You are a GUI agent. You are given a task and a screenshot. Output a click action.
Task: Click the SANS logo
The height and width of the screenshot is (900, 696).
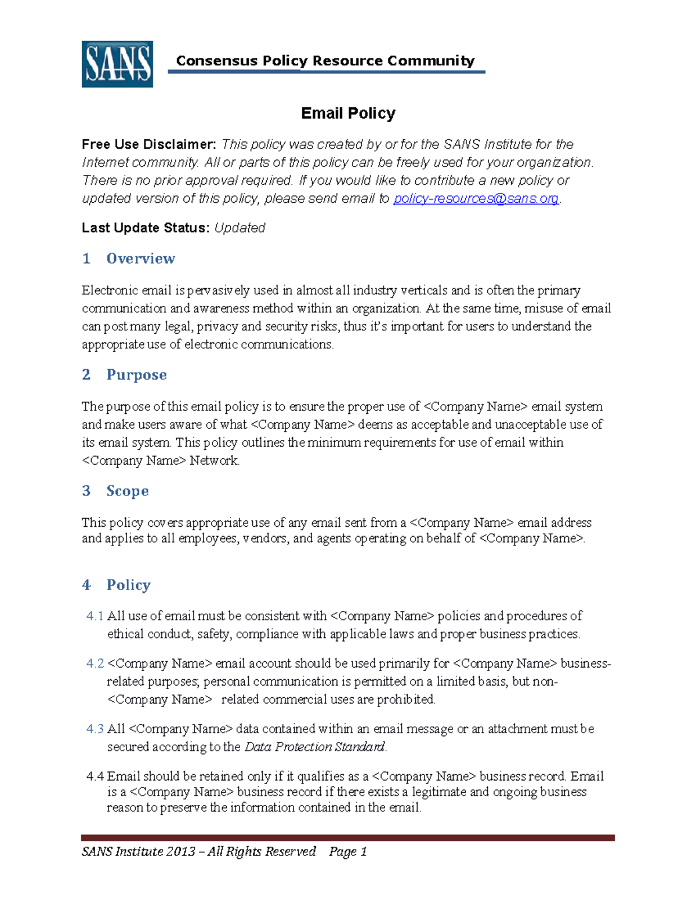point(117,64)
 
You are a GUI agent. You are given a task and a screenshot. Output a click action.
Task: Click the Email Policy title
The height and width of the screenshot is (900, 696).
point(348,114)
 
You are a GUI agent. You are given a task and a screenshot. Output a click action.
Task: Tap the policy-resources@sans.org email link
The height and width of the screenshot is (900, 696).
point(476,199)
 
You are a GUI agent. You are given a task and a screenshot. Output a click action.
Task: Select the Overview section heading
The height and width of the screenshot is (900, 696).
point(140,258)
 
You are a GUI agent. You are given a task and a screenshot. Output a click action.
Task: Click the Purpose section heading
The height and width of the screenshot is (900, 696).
point(136,375)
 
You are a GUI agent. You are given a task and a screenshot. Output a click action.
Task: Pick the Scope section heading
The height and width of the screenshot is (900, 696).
point(128,491)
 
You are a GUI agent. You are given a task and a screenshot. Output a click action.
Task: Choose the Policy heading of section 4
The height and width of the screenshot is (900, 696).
point(128,585)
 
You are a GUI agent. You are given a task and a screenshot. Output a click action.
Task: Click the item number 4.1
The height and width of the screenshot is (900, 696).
point(95,616)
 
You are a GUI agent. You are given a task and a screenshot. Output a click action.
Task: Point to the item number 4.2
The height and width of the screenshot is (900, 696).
point(95,664)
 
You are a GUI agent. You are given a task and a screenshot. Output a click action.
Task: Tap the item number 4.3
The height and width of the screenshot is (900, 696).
point(95,729)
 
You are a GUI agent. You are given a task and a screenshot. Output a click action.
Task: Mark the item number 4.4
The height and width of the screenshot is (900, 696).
point(95,777)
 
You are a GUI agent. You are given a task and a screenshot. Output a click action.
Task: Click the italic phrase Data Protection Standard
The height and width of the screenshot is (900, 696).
point(315,747)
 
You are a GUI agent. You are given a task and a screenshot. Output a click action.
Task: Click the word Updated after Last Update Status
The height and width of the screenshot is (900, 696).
point(240,228)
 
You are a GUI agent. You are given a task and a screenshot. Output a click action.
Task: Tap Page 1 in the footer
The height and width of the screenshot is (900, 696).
point(348,851)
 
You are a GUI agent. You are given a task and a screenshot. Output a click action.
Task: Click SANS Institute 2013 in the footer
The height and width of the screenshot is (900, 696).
point(139,851)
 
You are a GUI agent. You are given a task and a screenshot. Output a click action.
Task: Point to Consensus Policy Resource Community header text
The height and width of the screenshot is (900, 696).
point(325,61)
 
